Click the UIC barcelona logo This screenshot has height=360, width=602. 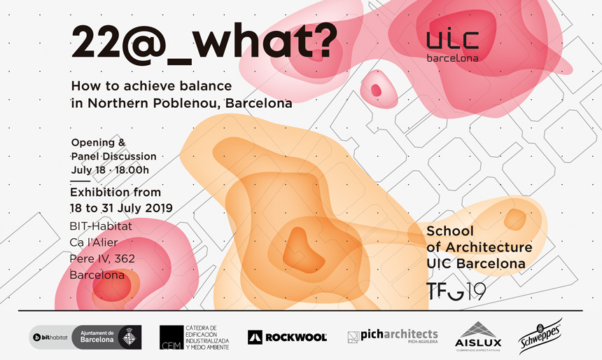coord(453,46)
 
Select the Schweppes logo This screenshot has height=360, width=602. coord(540,336)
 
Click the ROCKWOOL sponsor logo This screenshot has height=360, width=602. coord(287,338)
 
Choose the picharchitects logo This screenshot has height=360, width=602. coord(393,335)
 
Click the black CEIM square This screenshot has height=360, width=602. coord(171,338)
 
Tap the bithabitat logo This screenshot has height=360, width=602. coord(50,338)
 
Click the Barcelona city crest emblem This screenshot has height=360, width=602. coord(129,338)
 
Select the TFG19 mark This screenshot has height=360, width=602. coord(456,291)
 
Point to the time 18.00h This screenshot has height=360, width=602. coord(132,170)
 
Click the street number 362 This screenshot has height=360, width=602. coord(125,259)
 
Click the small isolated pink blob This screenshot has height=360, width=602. coord(379,89)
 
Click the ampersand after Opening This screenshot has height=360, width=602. coord(122,143)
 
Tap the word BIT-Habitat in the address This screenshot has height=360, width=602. coord(101,226)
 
